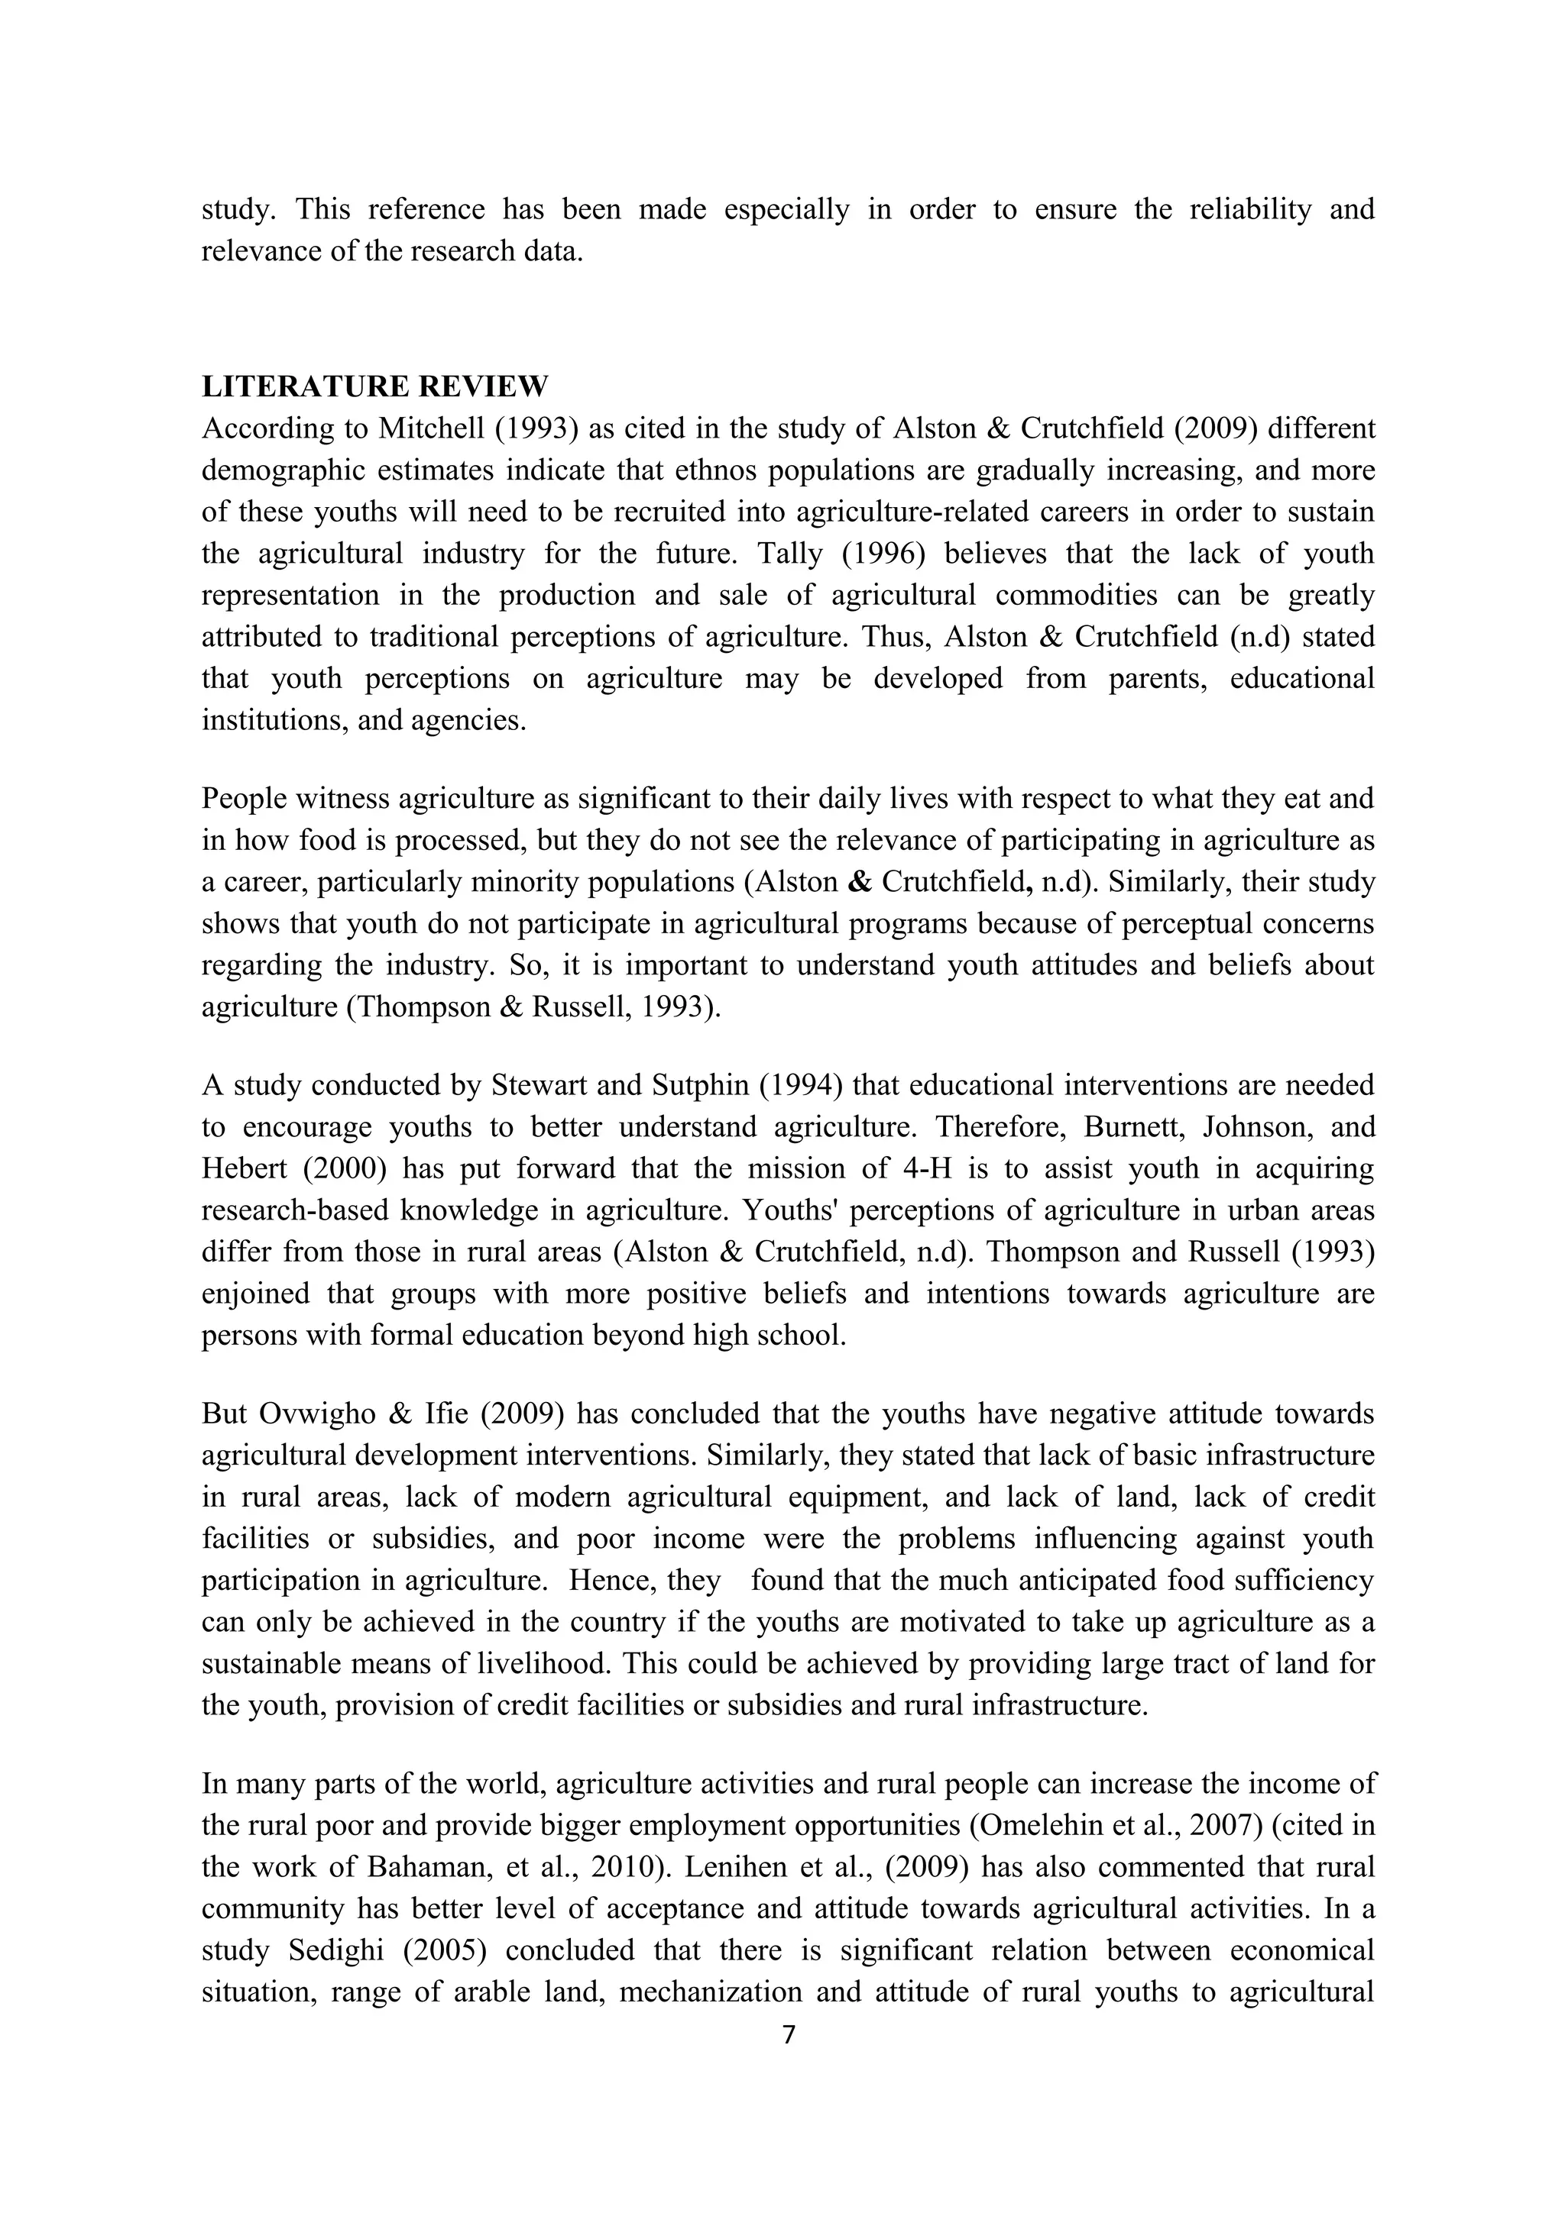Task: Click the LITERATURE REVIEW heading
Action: pos(374,386)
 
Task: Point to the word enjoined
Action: pos(255,1293)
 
